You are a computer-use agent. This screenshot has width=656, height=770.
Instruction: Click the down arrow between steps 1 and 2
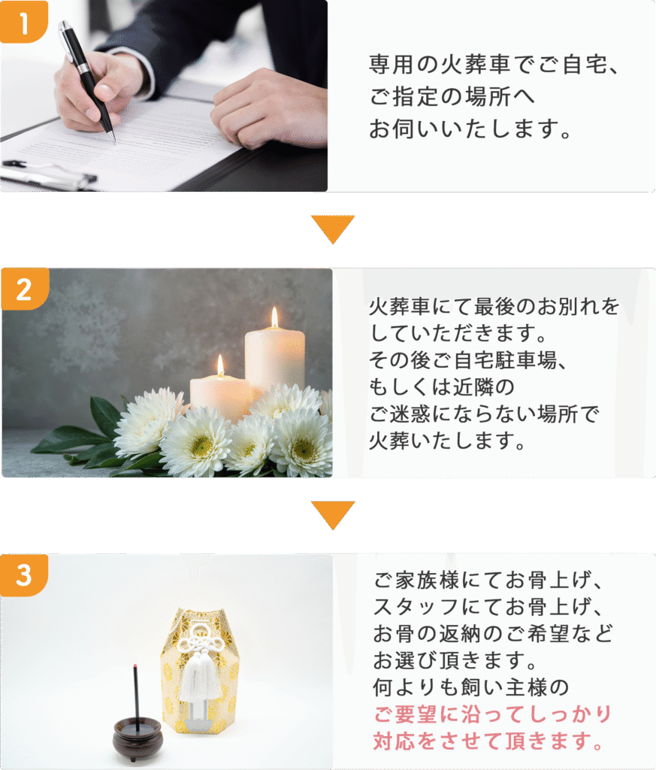click(332, 229)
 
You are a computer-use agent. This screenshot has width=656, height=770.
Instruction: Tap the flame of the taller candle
click(274, 317)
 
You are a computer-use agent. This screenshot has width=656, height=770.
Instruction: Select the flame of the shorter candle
click(220, 365)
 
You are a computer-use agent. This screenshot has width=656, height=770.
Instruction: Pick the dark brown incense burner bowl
click(138, 737)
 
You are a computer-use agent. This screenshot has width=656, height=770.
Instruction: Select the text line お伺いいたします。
click(470, 129)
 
